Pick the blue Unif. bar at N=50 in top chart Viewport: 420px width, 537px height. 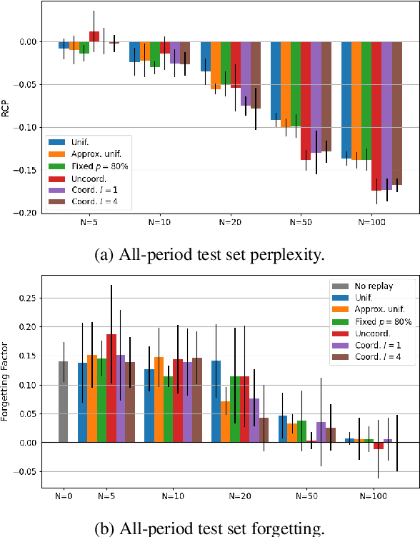(275, 80)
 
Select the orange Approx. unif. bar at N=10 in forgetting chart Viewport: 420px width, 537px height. (159, 389)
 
